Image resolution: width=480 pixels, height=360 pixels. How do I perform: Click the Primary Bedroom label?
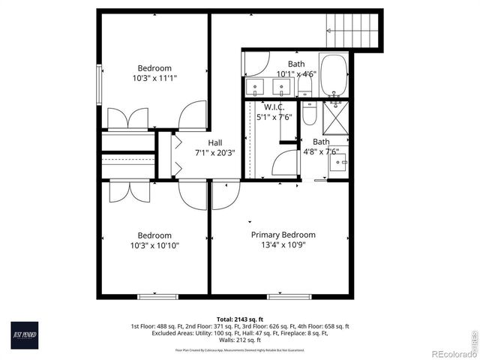[x=283, y=235]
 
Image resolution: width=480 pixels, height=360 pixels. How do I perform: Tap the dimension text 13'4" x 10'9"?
[x=283, y=244]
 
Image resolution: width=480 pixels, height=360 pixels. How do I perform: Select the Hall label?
[x=214, y=142]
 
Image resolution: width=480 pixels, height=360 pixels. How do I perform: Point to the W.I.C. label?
[x=274, y=107]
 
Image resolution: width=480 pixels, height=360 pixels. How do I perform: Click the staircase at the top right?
[x=355, y=31]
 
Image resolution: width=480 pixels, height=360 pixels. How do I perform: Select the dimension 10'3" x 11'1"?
[x=154, y=77]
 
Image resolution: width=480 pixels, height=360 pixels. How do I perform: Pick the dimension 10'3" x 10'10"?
[x=154, y=245]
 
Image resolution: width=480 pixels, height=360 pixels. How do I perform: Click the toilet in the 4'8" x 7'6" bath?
[x=310, y=114]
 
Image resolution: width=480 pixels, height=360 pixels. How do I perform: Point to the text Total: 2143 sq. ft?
[x=240, y=319]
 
